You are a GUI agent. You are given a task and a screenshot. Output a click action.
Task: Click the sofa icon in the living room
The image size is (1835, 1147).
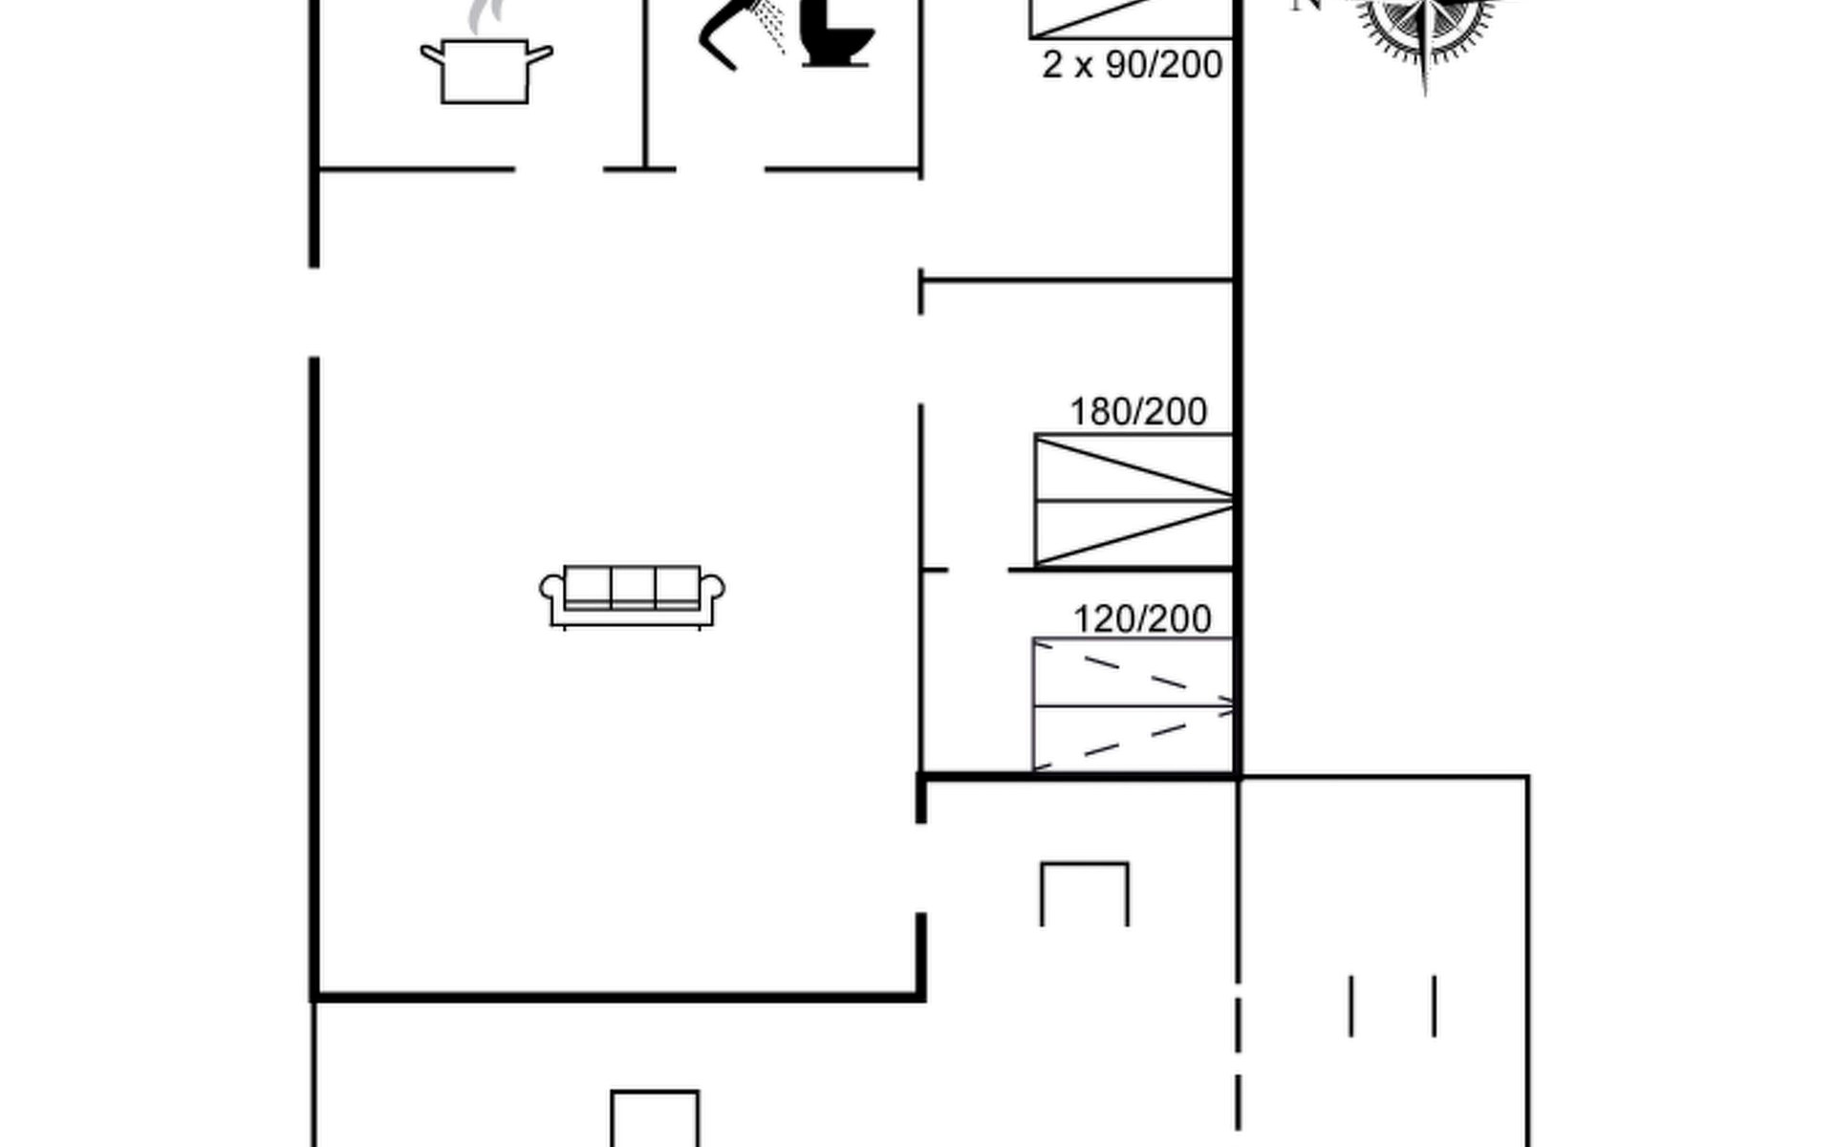(x=632, y=596)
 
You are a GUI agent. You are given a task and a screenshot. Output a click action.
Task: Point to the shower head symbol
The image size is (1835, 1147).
(x=741, y=33)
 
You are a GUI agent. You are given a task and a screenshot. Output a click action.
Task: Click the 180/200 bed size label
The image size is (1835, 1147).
(x=1138, y=412)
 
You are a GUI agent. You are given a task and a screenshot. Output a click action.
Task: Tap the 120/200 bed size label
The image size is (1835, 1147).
(x=1142, y=619)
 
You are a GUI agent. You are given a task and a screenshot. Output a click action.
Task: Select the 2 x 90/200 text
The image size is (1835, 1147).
(x=1133, y=65)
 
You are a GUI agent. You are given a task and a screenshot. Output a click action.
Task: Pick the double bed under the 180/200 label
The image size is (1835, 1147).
(x=1133, y=500)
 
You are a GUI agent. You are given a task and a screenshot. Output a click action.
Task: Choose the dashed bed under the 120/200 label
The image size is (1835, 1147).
(x=1133, y=705)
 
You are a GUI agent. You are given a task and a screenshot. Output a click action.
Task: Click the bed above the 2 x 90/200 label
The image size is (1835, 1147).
(x=1131, y=18)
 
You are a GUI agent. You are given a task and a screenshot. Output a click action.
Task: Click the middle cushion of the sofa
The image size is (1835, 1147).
(x=633, y=586)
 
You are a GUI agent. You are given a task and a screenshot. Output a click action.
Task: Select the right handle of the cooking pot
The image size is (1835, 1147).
(x=540, y=54)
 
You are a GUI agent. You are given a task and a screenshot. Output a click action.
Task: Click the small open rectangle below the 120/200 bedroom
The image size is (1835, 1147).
(x=1085, y=864)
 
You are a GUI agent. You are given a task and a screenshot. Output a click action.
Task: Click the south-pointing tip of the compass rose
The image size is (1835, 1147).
(x=1425, y=94)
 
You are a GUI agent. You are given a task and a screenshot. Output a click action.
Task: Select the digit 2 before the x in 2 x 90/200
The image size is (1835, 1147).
(x=1052, y=65)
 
